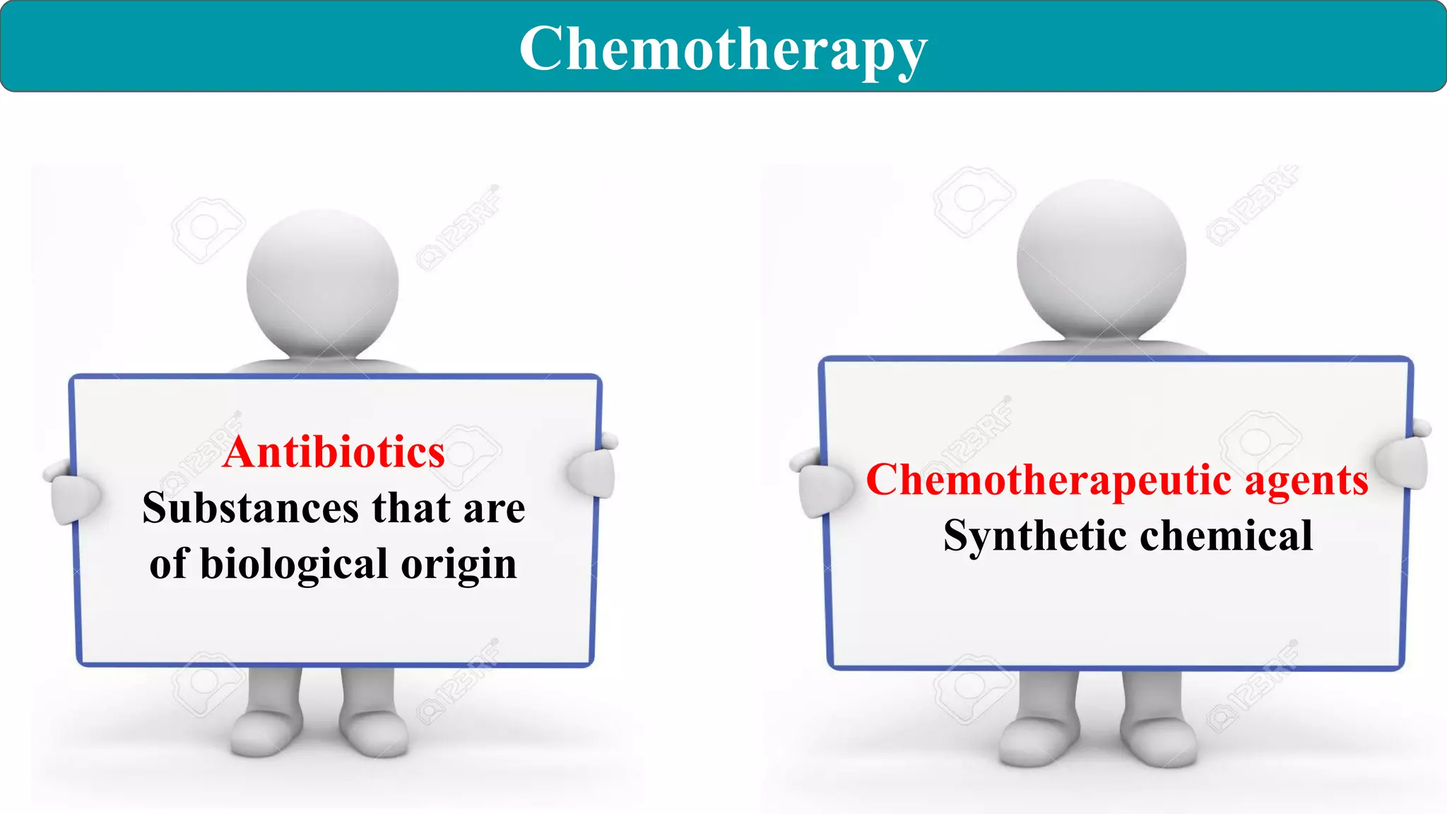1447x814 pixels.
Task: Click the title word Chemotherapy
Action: click(x=723, y=49)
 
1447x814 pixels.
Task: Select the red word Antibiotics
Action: click(x=333, y=452)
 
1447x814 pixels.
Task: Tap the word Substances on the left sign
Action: click(x=251, y=508)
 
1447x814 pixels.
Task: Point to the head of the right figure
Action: click(x=1101, y=257)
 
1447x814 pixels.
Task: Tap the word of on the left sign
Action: click(x=168, y=564)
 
